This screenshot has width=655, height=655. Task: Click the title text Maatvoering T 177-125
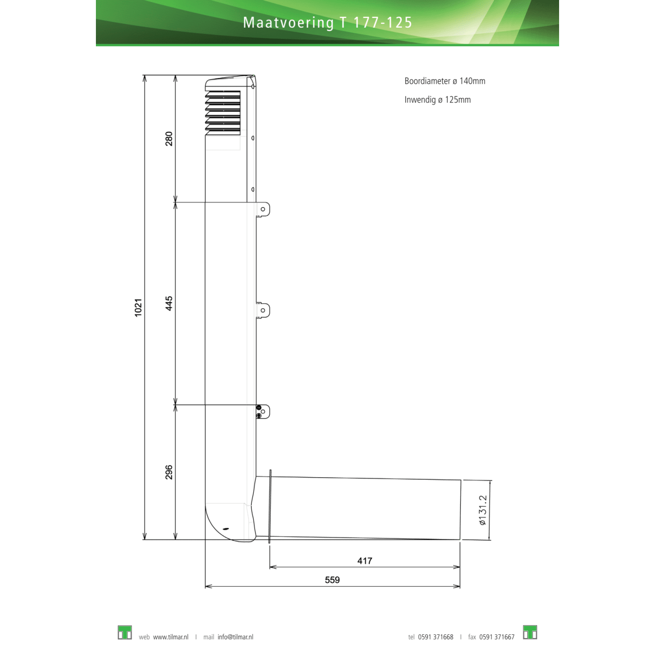(327, 22)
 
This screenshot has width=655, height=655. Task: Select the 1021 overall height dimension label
(138, 307)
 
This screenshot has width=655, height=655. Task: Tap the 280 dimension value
(169, 138)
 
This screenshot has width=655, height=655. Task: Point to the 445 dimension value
(169, 303)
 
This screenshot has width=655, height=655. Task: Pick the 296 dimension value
(169, 472)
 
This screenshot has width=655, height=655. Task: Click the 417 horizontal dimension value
(364, 560)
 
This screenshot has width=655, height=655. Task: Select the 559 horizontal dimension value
(332, 580)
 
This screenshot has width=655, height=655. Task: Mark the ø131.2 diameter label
(483, 510)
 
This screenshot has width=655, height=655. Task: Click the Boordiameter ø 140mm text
(444, 81)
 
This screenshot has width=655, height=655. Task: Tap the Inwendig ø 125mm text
(437, 100)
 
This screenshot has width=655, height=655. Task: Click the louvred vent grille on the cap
(223, 112)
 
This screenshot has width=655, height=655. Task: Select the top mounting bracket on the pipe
(263, 209)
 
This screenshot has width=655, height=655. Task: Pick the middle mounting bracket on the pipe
(263, 310)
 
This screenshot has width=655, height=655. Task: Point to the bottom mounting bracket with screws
(262, 412)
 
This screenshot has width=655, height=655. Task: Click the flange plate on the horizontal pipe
(270, 507)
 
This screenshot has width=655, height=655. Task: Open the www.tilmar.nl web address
(171, 637)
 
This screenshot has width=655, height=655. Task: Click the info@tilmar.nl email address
(235, 637)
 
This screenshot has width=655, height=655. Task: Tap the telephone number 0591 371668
(436, 637)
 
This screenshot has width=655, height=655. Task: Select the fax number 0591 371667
(496, 637)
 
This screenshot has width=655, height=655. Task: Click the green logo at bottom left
(124, 633)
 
